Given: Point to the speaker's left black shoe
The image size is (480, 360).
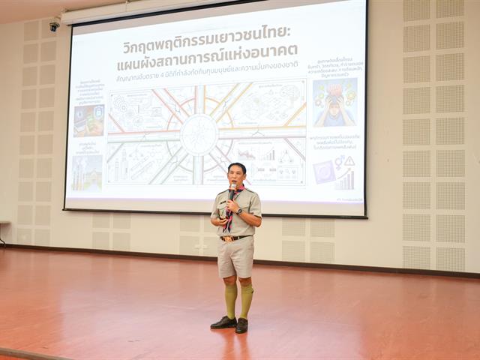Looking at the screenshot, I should pos(241,325).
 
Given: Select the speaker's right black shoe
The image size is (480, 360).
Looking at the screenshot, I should pos(223,322).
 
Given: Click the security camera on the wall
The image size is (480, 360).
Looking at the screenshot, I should pos(54,26).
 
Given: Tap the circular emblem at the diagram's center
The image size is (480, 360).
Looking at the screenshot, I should pos(199,134).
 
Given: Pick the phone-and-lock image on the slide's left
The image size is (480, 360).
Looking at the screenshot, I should pos(88,120).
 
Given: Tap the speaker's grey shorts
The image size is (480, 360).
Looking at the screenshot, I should pos(235,257).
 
